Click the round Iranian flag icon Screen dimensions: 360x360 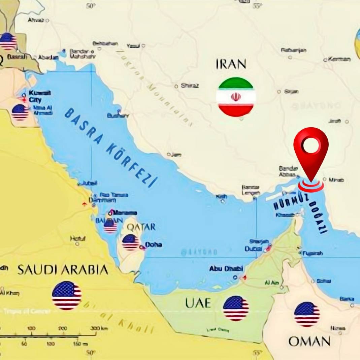[x=236, y=97]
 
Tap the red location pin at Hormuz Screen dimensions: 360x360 [x=310, y=152]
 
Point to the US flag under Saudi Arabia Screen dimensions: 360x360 [x=67, y=295]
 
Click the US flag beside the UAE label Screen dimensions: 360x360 [x=236, y=308]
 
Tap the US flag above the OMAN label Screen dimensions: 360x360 [x=307, y=314]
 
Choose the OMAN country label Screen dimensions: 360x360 [x=309, y=341]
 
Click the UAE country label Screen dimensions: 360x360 [x=198, y=303]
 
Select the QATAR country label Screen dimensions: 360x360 [x=141, y=227]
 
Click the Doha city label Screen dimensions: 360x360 [x=153, y=245]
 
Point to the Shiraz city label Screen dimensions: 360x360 [x=190, y=86]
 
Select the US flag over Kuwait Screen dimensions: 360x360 [x=20, y=112]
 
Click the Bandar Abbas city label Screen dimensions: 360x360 [x=288, y=171]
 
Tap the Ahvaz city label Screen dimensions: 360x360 [x=36, y=20]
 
